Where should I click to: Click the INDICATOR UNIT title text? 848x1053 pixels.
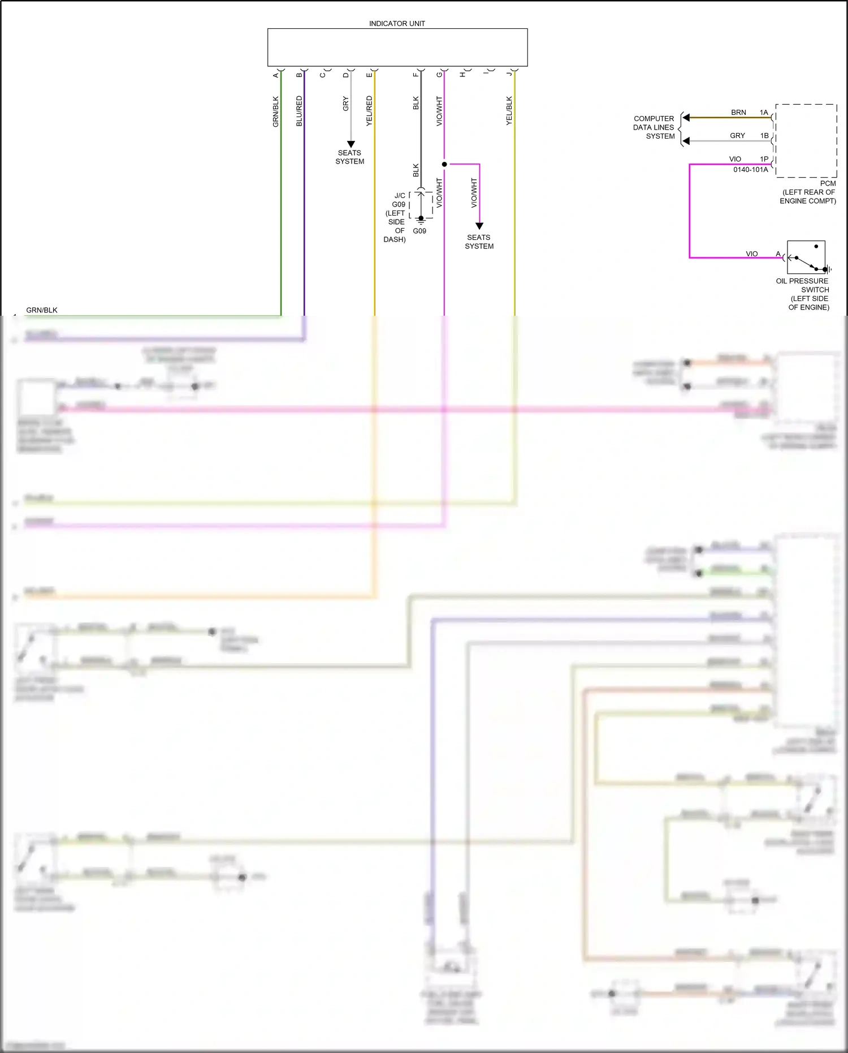397,24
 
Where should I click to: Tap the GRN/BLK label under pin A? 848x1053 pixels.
276,111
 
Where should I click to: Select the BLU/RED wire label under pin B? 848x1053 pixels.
299,111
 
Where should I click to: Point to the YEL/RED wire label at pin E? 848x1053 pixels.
369,111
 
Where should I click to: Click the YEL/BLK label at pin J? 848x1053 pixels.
509,111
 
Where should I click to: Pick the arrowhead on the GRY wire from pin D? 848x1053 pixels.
351,144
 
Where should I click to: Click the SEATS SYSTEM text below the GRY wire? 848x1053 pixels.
349,157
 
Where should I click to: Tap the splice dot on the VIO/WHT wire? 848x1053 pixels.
444,164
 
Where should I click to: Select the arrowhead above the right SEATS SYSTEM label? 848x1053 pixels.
479,226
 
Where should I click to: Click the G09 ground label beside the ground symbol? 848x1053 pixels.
419,231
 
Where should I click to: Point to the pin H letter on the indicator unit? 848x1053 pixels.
462,75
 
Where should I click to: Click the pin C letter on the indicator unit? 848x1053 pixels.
323,75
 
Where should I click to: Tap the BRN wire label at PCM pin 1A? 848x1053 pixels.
738,113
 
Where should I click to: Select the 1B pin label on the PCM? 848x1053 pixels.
764,136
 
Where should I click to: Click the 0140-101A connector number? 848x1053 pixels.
750,170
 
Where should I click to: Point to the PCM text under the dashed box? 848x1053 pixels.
828,183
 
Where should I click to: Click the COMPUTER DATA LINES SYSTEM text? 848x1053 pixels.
654,127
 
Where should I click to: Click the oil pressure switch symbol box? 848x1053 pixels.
806,257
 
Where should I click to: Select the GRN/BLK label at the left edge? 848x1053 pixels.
42,310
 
